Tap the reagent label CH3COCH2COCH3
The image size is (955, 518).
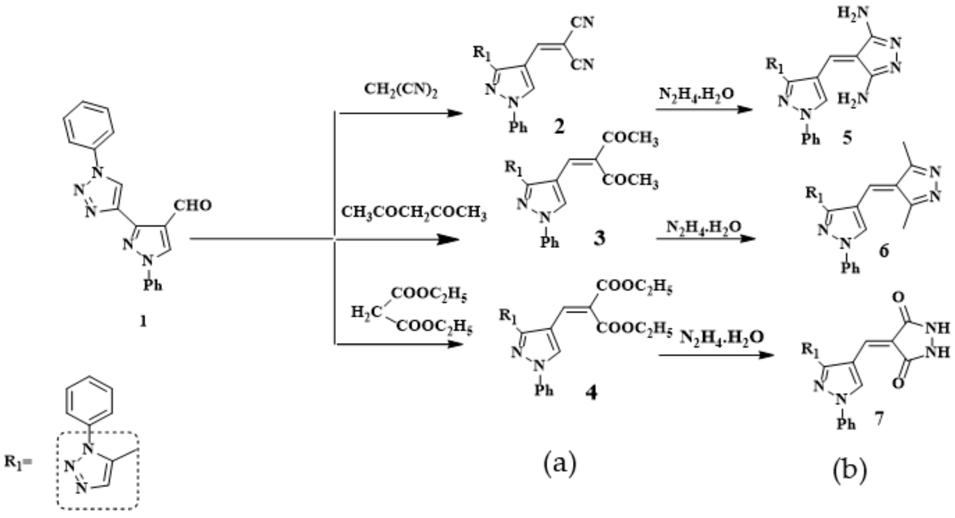pos(414,212)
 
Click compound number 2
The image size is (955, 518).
pos(559,126)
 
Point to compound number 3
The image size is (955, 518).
pos(599,239)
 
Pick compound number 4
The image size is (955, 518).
pos(591,393)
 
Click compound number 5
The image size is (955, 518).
pos(847,138)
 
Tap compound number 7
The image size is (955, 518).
pos(879,419)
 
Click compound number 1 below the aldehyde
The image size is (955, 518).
pos(143,322)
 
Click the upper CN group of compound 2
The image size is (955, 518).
pos(582,22)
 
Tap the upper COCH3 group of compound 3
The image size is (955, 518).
pos(630,138)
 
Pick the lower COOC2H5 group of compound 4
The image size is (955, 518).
pos(634,328)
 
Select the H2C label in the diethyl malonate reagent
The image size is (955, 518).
pos(366,312)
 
